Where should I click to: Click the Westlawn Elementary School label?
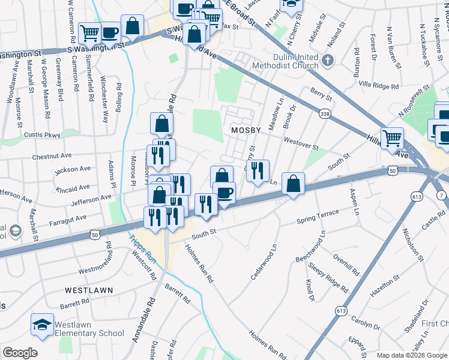[89, 329]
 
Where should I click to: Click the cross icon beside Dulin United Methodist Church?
[328, 60]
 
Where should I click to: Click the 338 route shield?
[325, 113]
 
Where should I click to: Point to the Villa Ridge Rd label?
[378, 86]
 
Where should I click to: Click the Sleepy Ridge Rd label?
[328, 277]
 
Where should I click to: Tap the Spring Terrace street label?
[318, 217]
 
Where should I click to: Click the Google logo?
[20, 353]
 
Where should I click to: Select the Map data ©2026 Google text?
[411, 355]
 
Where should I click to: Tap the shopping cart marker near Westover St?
[393, 137]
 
